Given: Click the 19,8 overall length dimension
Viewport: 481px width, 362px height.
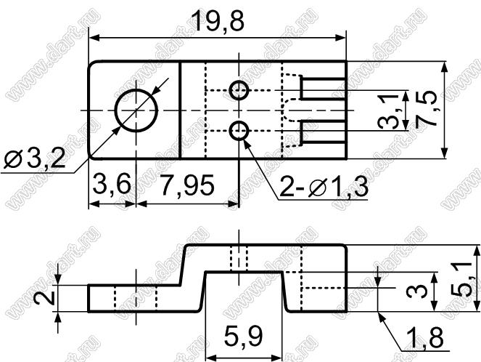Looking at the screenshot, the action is (x=218, y=22).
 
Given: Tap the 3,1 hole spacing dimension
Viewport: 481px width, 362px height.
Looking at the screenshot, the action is (x=388, y=111).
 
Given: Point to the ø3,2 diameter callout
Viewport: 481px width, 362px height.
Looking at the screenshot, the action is (x=34, y=158).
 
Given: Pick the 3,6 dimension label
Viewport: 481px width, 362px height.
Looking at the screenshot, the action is (x=112, y=184).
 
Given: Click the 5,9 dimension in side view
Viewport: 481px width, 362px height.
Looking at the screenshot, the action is (x=243, y=336).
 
